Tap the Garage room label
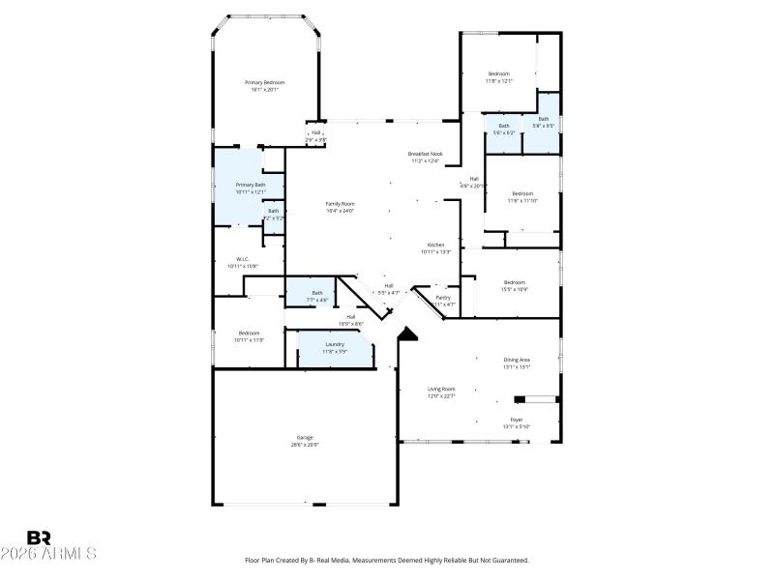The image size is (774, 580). point(305,438)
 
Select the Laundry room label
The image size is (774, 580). point(335,344)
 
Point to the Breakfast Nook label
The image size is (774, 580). point(425,155)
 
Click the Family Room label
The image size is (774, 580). point(340,204)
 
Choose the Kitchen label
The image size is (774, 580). point(435,246)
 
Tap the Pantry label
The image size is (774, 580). point(443,298)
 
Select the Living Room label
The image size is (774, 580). point(441,389)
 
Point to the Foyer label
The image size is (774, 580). point(517,420)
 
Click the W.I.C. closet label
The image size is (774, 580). point(243,259)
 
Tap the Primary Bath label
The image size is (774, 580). point(250,185)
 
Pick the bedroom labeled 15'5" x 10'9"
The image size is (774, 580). point(513,283)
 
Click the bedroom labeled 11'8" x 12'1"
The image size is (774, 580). point(498,74)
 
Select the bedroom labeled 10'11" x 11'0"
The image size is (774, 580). point(249,333)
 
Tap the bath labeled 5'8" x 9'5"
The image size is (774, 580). point(543,120)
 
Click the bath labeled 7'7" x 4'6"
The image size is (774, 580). point(317,293)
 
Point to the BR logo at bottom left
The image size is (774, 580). point(39,537)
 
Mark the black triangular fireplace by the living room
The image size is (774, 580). point(407,333)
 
